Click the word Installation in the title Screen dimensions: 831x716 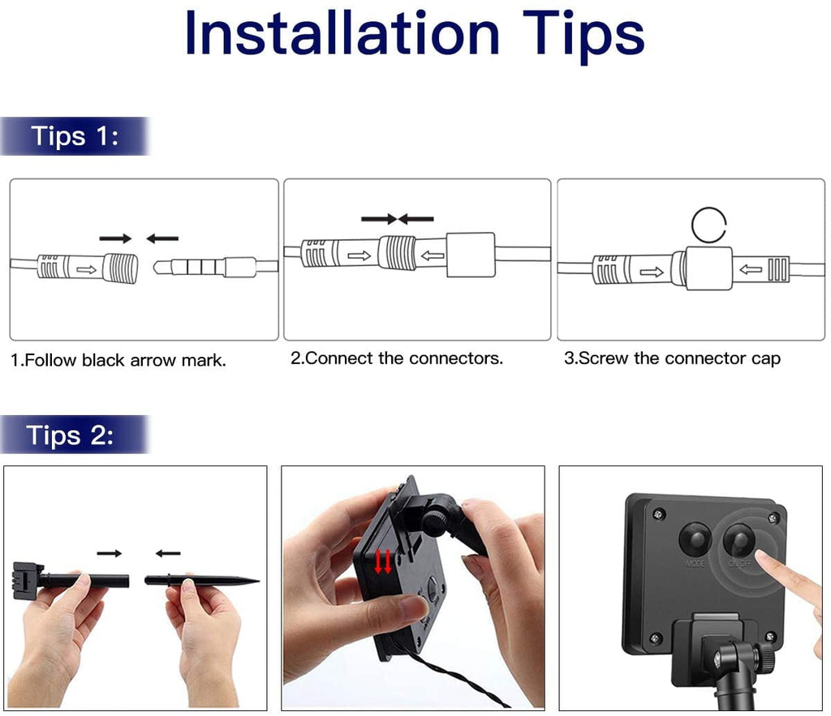coord(342,33)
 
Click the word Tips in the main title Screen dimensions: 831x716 coord(583,36)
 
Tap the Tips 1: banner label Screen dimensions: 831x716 coord(75,136)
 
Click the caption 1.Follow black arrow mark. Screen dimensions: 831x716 coord(118,360)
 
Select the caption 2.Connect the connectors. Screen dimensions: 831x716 coord(396,358)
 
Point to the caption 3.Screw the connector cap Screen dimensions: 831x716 coord(672,358)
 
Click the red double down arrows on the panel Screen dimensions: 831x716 coord(383,562)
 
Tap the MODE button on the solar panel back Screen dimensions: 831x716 coord(695,540)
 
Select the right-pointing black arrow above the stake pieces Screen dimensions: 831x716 coord(110,553)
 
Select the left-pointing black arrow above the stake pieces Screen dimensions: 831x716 coord(168,553)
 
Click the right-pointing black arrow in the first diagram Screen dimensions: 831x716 coord(115,238)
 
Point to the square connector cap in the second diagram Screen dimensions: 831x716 coord(471,255)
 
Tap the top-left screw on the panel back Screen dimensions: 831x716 coord(659,513)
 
